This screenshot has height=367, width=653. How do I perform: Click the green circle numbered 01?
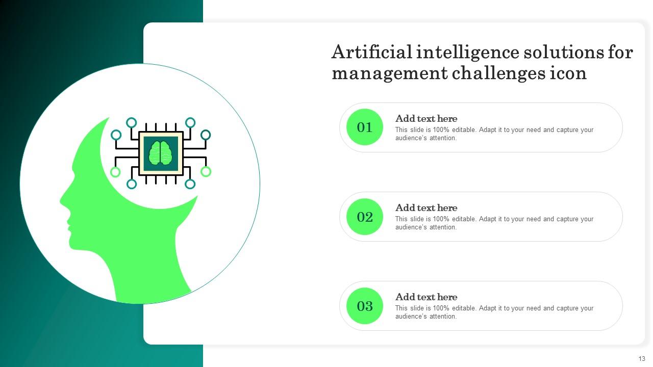(364, 127)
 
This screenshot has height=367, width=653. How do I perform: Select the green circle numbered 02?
(364, 217)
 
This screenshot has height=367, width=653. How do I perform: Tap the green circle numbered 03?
(364, 306)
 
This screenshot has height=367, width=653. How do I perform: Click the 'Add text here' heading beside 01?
(426, 119)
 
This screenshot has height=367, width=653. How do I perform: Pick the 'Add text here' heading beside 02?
(426, 208)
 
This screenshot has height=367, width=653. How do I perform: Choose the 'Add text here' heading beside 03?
(426, 297)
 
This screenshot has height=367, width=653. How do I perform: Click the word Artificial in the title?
(371, 52)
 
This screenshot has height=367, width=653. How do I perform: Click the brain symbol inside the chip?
(161, 153)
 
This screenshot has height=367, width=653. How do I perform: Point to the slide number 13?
(641, 359)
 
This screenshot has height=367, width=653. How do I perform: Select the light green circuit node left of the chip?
(116, 172)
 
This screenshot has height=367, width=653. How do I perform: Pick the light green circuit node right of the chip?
(206, 171)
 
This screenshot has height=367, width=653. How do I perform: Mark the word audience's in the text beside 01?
(412, 138)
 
